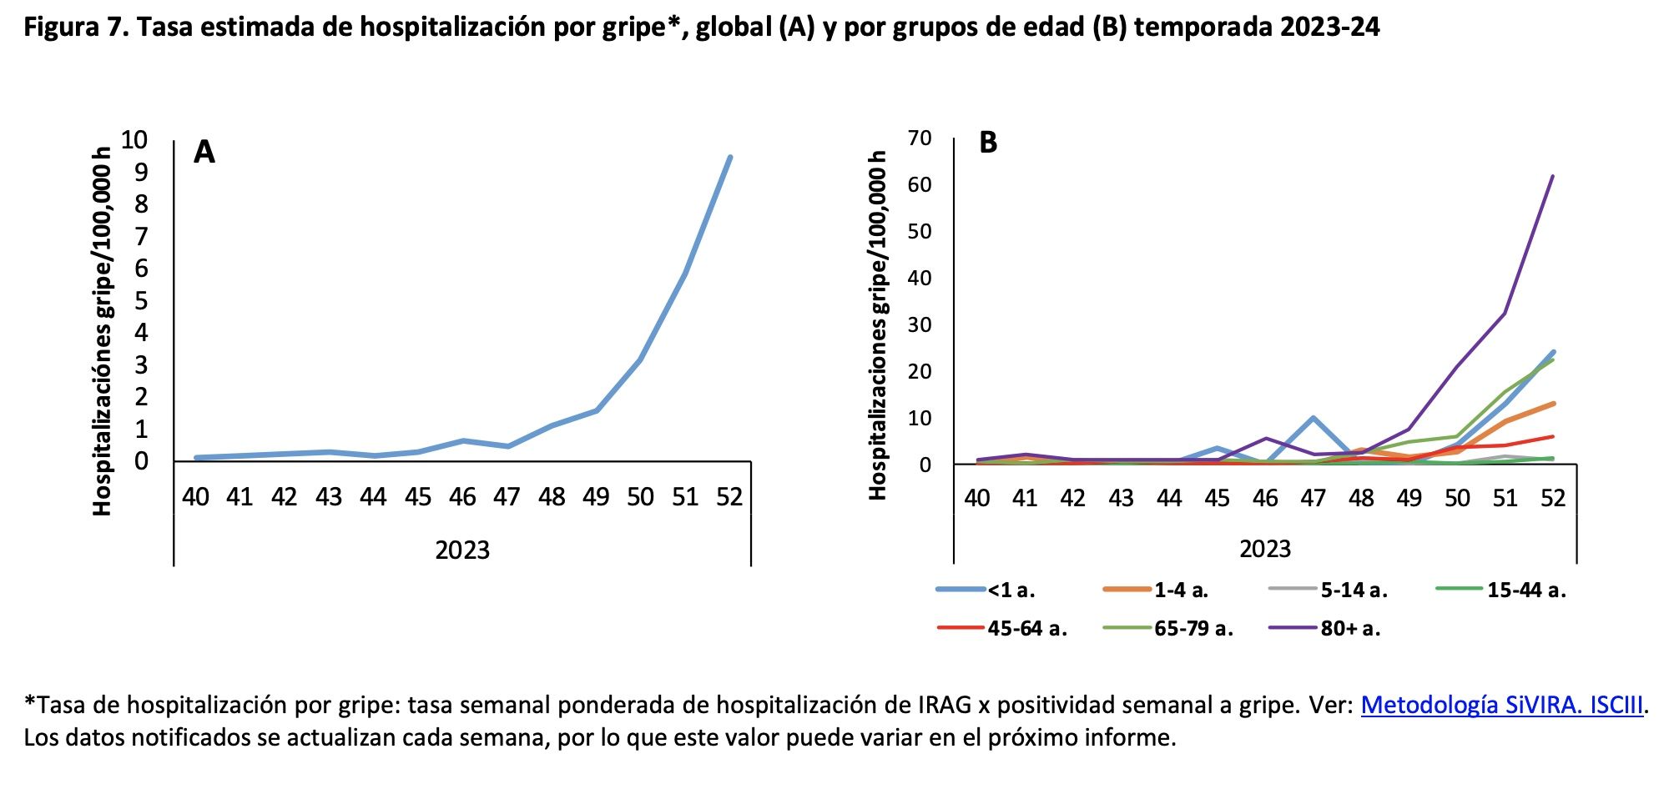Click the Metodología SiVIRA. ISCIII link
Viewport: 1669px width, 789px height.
coord(1501,706)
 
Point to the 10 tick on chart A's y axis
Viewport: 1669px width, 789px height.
coord(134,139)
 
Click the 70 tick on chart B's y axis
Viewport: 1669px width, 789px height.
coord(919,138)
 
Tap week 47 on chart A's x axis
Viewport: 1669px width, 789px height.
coord(507,497)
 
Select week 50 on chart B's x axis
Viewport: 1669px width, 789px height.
coord(1457,498)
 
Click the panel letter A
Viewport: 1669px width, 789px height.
coord(204,153)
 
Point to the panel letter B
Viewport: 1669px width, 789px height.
coord(988,143)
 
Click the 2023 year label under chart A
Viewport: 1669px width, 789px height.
coord(462,550)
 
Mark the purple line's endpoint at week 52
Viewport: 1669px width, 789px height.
coord(1553,176)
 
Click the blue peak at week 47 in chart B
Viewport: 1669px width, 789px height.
coord(1314,417)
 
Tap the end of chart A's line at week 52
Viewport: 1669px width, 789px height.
coord(730,157)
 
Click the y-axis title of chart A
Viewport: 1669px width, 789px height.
coord(102,331)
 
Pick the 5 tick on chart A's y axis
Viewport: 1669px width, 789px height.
coord(141,300)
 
